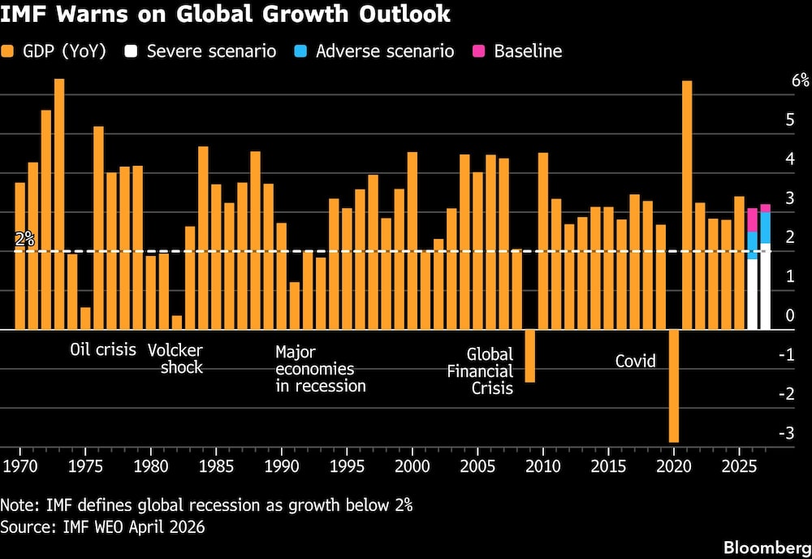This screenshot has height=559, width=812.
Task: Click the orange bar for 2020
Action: pos(673,386)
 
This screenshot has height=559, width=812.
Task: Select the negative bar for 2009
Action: pos(529,356)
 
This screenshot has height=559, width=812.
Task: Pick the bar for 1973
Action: pos(59,204)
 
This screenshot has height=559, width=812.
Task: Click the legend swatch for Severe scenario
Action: pos(130,51)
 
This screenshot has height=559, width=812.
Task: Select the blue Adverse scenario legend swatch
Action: pos(300,51)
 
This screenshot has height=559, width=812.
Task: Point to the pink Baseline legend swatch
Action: pos(477,51)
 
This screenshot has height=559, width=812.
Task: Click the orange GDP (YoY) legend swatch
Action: pos(8,51)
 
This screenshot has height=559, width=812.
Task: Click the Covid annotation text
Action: pos(636,361)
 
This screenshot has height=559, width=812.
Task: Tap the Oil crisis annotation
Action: pos(103,350)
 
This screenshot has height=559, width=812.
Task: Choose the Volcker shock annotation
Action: pos(175,358)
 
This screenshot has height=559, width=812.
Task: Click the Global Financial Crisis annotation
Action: pos(490,371)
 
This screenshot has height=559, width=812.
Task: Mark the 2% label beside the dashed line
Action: pos(24,240)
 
